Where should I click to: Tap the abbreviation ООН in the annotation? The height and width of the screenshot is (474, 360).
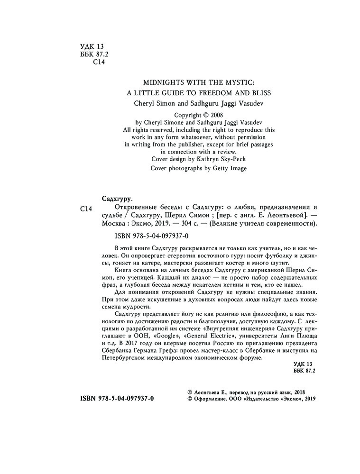(141, 335)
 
